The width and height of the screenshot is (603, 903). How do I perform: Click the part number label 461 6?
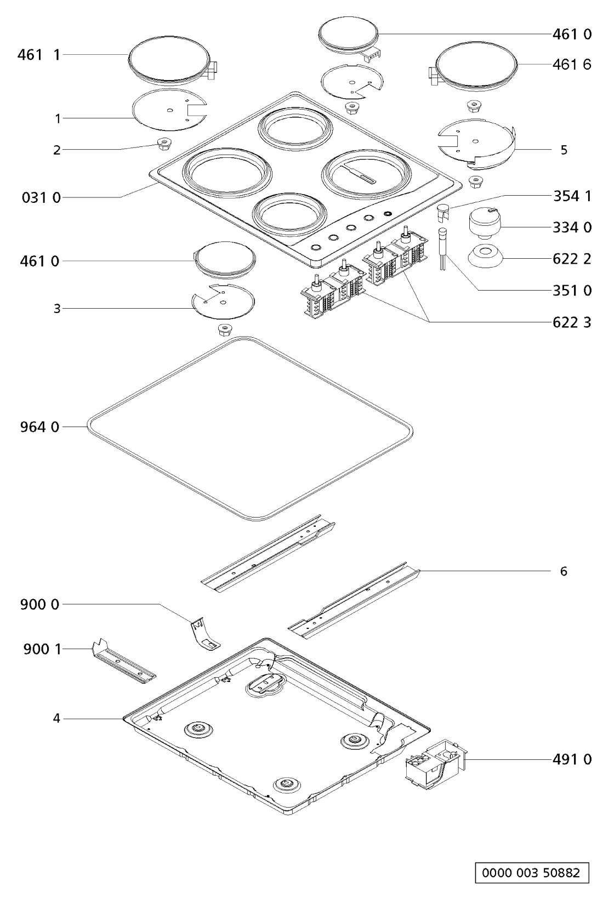[572, 64]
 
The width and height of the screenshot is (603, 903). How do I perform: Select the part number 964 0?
[39, 427]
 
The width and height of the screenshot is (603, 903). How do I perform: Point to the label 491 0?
[572, 759]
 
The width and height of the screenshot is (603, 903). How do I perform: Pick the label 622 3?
[572, 322]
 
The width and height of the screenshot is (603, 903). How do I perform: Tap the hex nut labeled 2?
[163, 144]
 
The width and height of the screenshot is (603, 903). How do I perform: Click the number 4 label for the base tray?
[56, 718]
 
